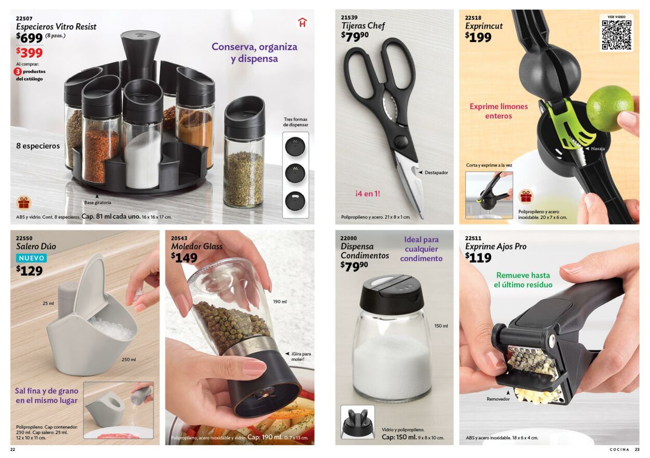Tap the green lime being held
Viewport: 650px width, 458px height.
(609, 109)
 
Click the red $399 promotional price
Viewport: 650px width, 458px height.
(29, 53)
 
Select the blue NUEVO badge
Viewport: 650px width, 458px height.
(31, 258)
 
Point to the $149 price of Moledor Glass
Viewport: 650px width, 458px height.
(184, 257)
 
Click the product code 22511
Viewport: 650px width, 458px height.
(473, 238)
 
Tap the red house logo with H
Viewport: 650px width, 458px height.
(302, 23)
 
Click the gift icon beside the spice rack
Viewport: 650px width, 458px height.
(24, 203)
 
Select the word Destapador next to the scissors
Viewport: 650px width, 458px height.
(436, 173)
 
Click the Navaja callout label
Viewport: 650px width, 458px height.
(598, 149)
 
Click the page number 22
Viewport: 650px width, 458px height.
(12, 450)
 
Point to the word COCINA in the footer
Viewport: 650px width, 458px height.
(619, 450)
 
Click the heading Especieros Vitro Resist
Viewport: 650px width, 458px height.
(56, 27)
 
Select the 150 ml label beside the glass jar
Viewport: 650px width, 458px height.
(441, 326)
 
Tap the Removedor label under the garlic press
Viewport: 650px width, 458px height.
(498, 399)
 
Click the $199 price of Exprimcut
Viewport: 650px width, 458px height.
(478, 37)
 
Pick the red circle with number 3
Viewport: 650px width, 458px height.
(18, 71)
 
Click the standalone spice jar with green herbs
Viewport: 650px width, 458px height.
(244, 152)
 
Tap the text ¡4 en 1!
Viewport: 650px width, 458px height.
(368, 194)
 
